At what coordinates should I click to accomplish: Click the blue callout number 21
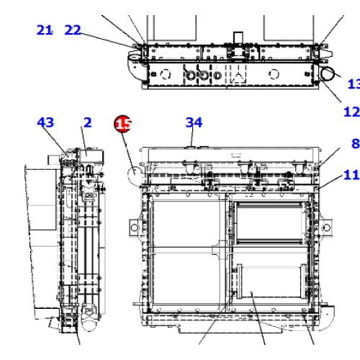(45, 30)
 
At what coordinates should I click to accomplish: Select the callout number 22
(73, 30)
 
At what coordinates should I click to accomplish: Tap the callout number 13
(354, 85)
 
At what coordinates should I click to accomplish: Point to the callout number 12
(351, 112)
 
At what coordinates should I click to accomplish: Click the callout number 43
(45, 123)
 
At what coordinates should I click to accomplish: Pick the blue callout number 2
(87, 123)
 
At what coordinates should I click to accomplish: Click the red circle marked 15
(123, 125)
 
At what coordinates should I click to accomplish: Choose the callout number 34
(194, 123)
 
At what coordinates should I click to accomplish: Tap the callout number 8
(355, 144)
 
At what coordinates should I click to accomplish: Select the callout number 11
(351, 175)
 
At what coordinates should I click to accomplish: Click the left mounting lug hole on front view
(133, 229)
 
